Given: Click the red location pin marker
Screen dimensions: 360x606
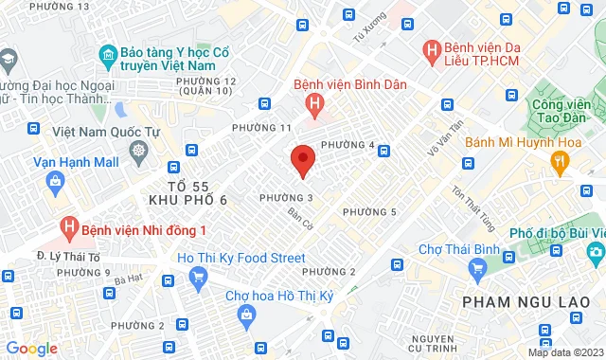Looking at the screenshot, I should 302,159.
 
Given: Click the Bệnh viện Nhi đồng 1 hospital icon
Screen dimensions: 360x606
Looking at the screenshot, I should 68,227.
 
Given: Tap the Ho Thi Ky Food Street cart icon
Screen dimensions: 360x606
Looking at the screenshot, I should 199,276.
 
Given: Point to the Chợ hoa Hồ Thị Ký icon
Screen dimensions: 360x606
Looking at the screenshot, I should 246,315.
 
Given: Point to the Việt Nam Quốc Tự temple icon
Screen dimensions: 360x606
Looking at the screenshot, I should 139,151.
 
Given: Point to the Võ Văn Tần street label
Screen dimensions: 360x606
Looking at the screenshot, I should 443,138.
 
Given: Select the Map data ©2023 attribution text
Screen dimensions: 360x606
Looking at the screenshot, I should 563,352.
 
